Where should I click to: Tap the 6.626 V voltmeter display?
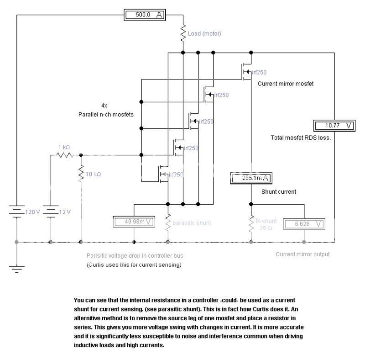click(304, 224)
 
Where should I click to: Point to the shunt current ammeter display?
click(251, 178)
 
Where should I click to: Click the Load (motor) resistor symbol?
click(183, 33)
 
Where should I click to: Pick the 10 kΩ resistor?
click(81, 174)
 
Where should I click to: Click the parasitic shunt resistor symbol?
click(168, 223)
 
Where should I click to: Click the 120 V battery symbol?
click(17, 212)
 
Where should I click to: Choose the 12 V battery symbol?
click(51, 212)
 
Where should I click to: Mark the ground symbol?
click(17, 269)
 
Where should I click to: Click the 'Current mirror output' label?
click(302, 254)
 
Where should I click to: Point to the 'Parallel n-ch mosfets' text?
click(106, 114)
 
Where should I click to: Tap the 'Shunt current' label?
click(278, 192)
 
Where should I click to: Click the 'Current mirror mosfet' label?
click(286, 84)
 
